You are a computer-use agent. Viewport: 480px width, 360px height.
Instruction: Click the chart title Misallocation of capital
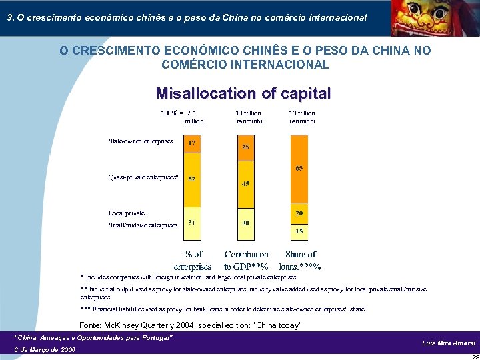tap(243, 93)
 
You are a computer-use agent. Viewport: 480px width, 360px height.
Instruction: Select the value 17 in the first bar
tap(192, 143)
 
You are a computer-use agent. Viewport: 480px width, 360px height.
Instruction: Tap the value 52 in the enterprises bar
tap(192, 179)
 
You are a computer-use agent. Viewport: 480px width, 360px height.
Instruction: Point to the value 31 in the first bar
tap(192, 222)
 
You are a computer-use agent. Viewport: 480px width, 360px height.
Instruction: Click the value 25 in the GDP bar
tap(245, 147)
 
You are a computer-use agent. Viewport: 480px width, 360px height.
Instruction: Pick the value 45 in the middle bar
tap(245, 183)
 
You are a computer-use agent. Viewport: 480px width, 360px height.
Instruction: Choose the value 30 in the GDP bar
tap(245, 223)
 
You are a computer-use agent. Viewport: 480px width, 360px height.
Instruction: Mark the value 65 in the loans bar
tap(299, 169)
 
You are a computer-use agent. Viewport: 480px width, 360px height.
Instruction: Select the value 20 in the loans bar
tap(299, 213)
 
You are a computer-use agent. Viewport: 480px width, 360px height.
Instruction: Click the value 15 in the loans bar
tap(299, 231)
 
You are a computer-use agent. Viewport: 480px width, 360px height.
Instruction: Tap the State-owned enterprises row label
tap(141, 141)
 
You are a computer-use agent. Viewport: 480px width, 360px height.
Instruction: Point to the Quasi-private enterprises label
tap(143, 177)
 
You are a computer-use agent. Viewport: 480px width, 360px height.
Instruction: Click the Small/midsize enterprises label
tap(143, 225)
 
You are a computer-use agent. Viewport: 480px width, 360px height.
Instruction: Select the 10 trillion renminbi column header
tap(249, 117)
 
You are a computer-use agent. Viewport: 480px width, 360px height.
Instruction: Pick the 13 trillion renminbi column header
tap(302, 117)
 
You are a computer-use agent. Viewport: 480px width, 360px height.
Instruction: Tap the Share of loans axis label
tap(303, 261)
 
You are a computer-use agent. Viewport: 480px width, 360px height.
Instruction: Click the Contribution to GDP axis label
tap(247, 261)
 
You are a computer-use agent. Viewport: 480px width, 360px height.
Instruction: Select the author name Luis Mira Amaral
tap(449, 343)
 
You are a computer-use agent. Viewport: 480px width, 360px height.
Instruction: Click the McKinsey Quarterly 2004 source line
tap(190, 325)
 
